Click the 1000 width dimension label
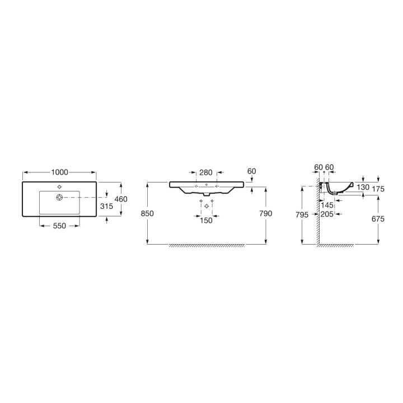tap(59, 172)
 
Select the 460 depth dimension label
tap(121, 199)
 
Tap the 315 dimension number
tap(106, 206)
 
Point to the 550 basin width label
tap(59, 226)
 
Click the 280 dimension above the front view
tap(206, 172)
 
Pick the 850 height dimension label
tap(147, 213)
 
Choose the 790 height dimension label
tap(265, 213)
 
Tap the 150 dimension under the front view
tap(206, 221)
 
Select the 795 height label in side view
tap(302, 214)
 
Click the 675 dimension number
tap(378, 219)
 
